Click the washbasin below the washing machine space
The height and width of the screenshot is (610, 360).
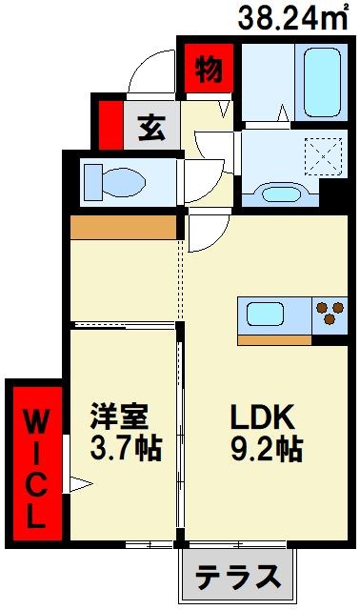(278, 194)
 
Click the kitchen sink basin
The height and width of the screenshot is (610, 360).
(270, 315)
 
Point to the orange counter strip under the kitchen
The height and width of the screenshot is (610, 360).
(275, 338)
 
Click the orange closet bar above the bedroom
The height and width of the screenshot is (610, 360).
(124, 228)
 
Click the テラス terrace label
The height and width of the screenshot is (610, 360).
(239, 578)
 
